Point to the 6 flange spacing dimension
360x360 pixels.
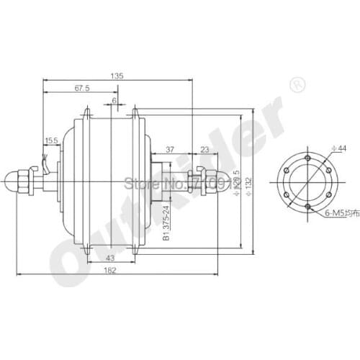tap(113, 102)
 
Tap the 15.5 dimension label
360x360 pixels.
tap(51, 140)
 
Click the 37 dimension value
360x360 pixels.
tap(169, 150)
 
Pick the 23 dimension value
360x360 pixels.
tap(204, 150)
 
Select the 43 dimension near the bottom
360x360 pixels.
tap(109, 258)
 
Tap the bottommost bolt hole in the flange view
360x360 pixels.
tap(307, 207)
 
